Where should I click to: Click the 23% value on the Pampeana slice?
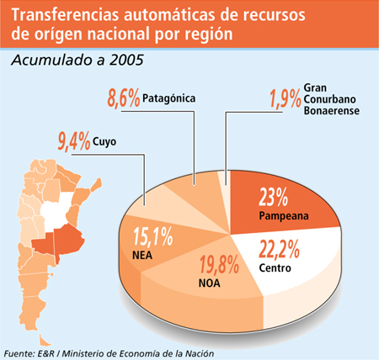pyautogui.click(x=273, y=197)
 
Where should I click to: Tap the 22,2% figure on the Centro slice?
pyautogui.click(x=279, y=249)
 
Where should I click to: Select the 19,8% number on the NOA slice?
pyautogui.click(x=219, y=264)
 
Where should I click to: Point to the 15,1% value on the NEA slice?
pyautogui.click(x=152, y=236)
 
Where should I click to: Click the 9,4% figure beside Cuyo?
pyautogui.click(x=74, y=141)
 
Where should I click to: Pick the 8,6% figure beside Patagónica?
pyautogui.click(x=124, y=98)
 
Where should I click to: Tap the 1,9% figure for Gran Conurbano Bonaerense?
pyautogui.click(x=286, y=98)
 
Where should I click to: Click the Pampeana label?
pyautogui.click(x=284, y=216)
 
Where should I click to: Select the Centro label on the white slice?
pyautogui.click(x=275, y=267)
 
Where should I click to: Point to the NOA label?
pyautogui.click(x=209, y=283)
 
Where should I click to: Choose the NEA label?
pyautogui.click(x=142, y=255)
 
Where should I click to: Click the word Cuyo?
pyautogui.click(x=104, y=141)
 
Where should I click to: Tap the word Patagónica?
pyautogui.click(x=168, y=98)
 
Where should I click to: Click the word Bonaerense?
pyautogui.click(x=332, y=110)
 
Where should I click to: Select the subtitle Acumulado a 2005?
pyautogui.click(x=77, y=60)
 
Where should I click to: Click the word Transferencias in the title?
pyautogui.click(x=65, y=15)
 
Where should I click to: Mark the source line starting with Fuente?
pyautogui.click(x=109, y=353)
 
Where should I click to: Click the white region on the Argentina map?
pyautogui.click(x=56, y=210)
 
